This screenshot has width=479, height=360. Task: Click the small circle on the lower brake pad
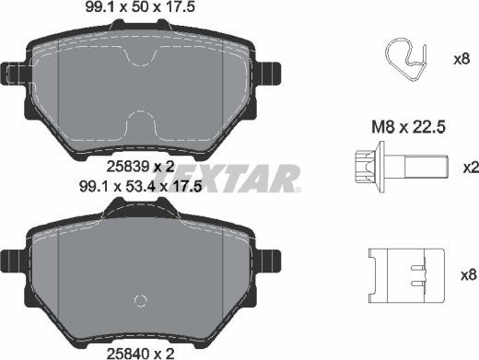click(141, 300)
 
